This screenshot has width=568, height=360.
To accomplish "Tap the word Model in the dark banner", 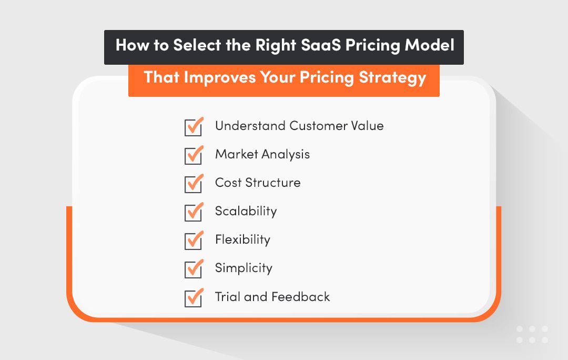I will coord(429,46).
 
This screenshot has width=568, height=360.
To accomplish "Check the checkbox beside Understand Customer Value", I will coord(194,127).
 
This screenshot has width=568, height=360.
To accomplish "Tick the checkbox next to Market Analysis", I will coord(194,156).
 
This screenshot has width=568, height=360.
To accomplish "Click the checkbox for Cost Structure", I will coord(194,184).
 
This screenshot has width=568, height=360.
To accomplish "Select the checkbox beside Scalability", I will coord(194,213).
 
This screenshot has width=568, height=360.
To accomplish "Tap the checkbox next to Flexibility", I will coord(194,241).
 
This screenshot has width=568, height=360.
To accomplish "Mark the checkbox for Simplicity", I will coord(194,269).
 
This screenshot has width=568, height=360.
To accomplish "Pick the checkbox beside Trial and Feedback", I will coord(194,298).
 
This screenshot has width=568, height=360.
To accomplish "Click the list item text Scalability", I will coord(246,212).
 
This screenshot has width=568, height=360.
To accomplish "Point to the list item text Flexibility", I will coord(242,240).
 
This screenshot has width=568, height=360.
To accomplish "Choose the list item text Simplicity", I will coord(244,268).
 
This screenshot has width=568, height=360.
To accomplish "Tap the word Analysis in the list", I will coord(286,155).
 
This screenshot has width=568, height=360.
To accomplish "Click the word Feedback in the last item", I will coord(301,297).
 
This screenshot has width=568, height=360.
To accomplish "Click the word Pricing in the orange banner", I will coord(327,78).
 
